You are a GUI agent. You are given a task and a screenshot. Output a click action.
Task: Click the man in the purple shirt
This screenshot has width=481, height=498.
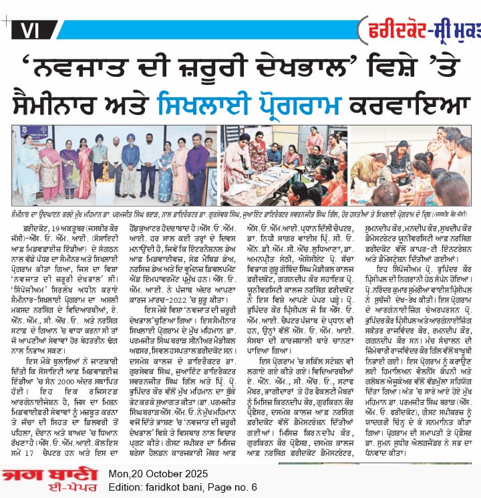196,168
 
